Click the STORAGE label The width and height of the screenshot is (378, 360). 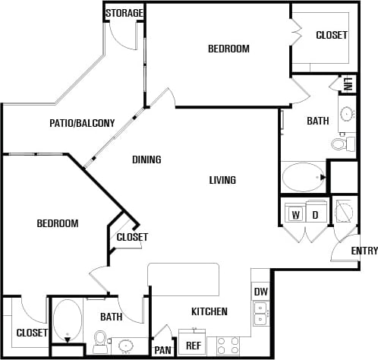124,13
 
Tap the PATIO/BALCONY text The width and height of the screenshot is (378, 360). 82,123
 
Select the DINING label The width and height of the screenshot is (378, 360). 146,159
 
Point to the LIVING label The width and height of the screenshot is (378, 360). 222,180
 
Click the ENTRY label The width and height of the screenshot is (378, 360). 364,251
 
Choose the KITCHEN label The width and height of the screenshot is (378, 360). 209,311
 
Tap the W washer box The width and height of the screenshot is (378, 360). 294,215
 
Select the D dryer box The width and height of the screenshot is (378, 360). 315,215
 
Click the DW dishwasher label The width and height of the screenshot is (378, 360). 260,292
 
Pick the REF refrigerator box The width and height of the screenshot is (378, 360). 193,345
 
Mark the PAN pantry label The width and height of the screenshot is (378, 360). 162,350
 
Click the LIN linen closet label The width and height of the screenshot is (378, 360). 348,84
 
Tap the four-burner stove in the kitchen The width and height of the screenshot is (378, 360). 228,346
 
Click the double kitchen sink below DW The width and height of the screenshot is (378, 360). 260,314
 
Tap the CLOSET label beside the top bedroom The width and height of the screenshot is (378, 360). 331,35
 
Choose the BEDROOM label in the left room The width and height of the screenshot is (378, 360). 58,223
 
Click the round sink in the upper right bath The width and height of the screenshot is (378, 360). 347,115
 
